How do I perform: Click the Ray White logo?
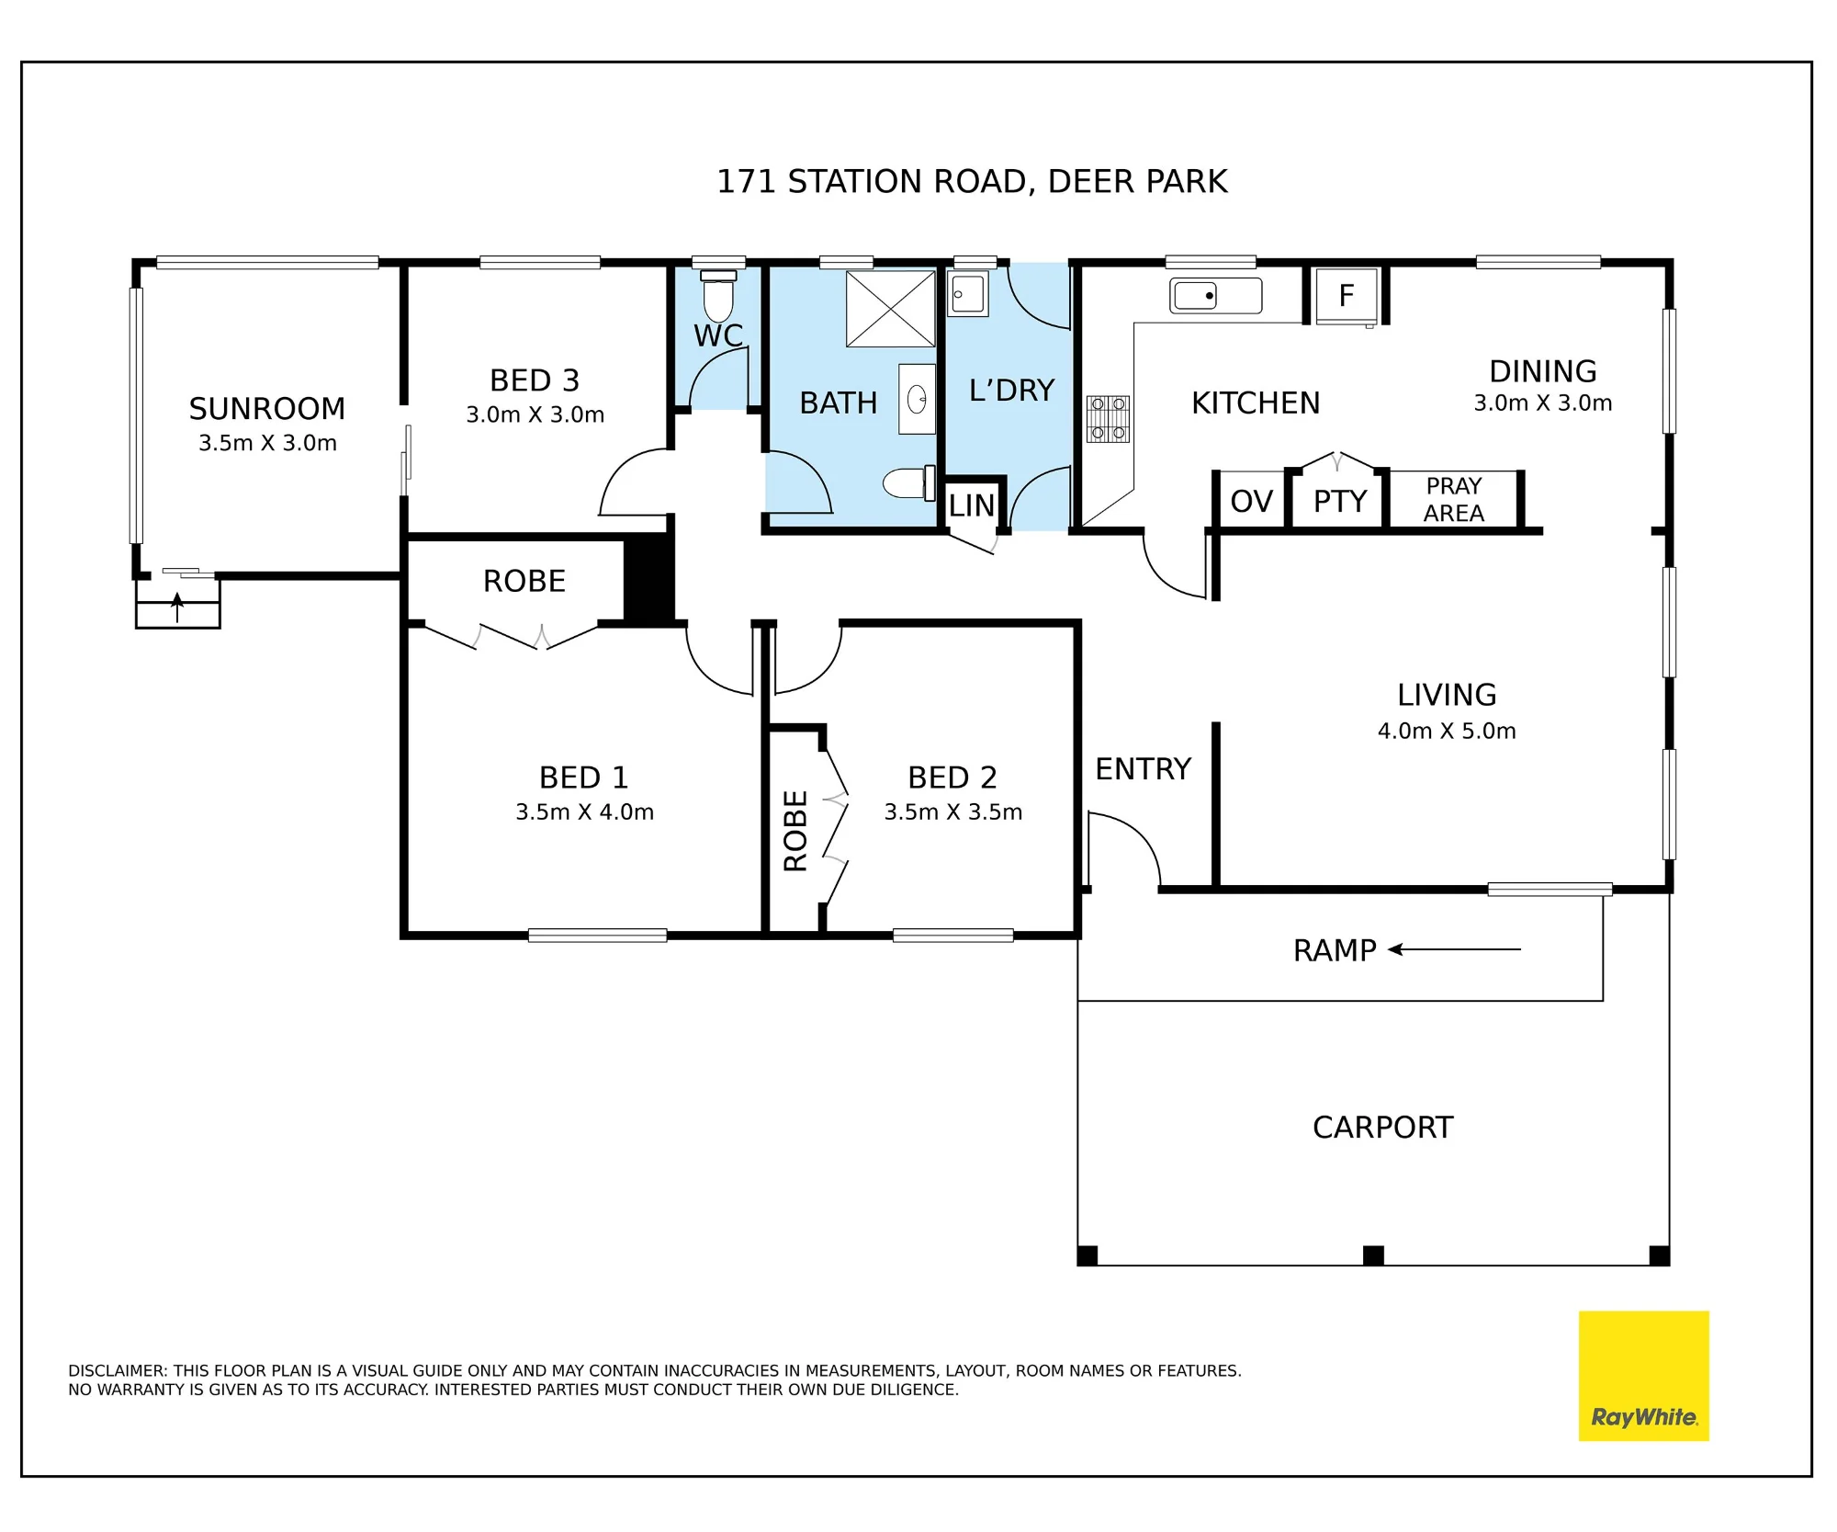tap(1643, 1375)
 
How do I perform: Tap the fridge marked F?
tap(1347, 296)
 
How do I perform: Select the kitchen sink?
tap(1215, 296)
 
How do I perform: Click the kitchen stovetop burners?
tap(1108, 419)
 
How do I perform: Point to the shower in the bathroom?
tap(890, 309)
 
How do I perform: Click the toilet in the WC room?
tap(718, 296)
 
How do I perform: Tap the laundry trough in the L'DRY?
tap(968, 294)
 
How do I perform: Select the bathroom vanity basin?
tap(917, 399)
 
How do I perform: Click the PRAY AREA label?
tap(1454, 499)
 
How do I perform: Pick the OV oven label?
tap(1251, 502)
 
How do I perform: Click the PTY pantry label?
tap(1340, 502)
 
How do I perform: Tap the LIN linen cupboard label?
tap(972, 505)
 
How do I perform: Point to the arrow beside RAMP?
tap(1454, 949)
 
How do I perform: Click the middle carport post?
tap(1373, 1255)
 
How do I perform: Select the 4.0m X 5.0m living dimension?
tap(1447, 731)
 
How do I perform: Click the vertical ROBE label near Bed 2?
tap(795, 831)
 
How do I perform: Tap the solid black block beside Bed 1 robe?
tap(648, 580)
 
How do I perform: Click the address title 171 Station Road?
tap(972, 182)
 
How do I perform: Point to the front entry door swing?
tap(1124, 850)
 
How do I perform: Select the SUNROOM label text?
tap(267, 408)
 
